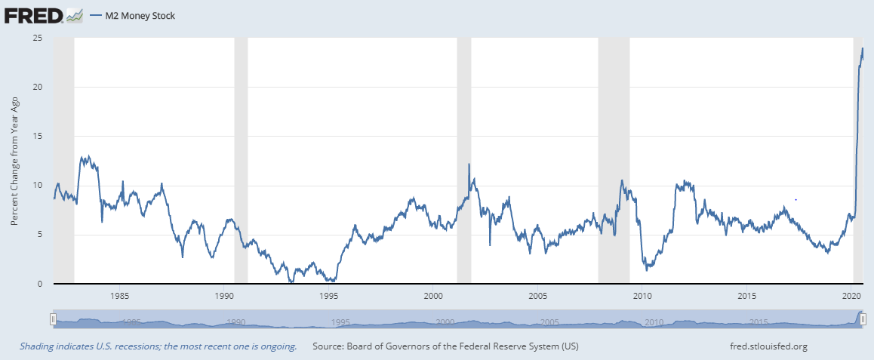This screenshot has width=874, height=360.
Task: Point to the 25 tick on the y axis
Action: coord(38,38)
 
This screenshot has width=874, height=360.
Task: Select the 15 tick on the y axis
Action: coord(38,136)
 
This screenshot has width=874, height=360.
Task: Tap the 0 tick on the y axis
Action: coord(40,284)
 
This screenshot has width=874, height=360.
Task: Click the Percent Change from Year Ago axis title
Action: coord(14,162)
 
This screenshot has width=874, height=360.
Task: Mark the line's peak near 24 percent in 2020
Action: coord(863,48)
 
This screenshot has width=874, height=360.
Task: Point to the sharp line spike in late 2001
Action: coord(469,165)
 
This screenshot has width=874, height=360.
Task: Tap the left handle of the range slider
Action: coord(53,319)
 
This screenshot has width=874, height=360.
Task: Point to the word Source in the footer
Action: coord(329,346)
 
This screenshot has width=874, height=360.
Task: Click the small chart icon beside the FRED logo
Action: coord(74,14)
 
